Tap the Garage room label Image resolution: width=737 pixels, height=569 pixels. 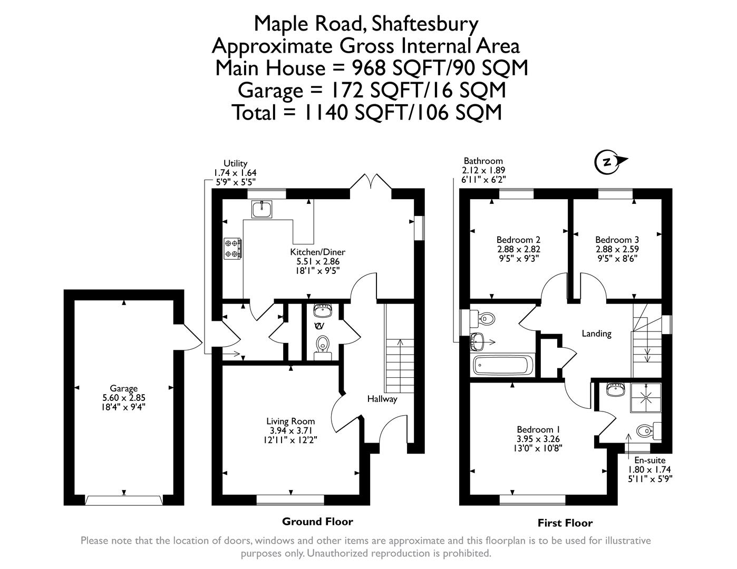(x=124, y=389)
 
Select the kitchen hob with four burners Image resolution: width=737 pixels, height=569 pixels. (x=232, y=249)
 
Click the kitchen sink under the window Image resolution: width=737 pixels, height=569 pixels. (x=262, y=209)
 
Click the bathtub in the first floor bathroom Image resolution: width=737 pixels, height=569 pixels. (x=504, y=365)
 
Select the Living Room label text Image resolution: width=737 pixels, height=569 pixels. (x=290, y=421)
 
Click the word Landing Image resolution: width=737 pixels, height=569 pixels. (x=596, y=333)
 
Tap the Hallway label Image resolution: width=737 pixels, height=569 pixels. (x=382, y=399)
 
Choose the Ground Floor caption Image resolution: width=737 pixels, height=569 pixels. (x=317, y=522)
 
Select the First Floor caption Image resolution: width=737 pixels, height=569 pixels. (x=565, y=523)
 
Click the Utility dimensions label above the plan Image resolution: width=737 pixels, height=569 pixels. (x=235, y=172)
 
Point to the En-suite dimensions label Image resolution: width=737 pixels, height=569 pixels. (x=649, y=469)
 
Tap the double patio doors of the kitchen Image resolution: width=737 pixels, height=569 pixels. (x=371, y=182)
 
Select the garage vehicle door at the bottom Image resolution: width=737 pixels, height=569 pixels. (x=123, y=500)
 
